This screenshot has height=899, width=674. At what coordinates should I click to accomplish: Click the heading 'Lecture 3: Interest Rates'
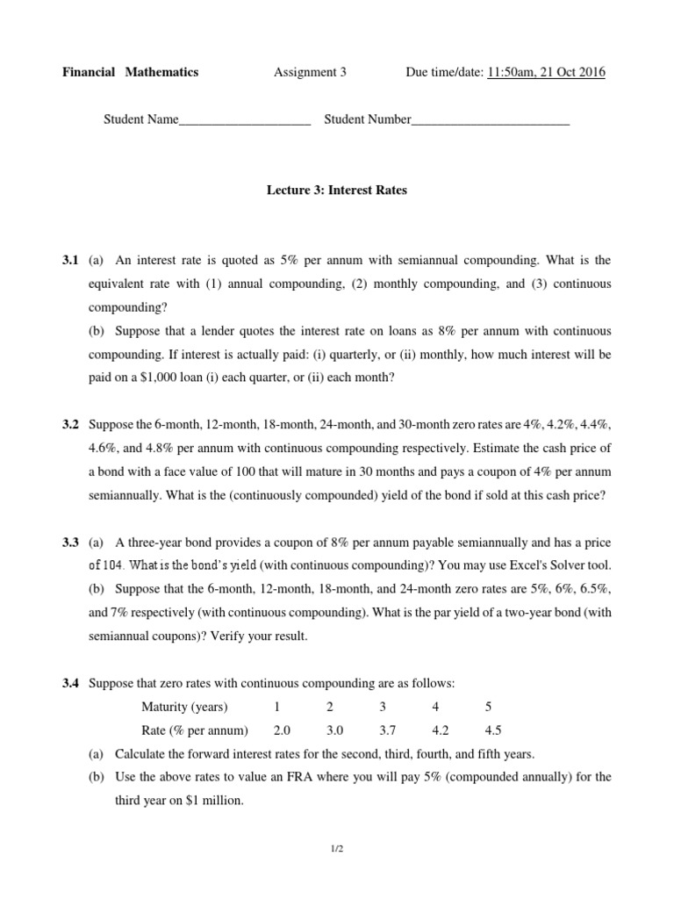(337, 191)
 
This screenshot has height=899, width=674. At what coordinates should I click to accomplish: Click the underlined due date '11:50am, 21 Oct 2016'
(544, 72)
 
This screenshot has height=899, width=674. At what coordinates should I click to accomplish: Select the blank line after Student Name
(245, 120)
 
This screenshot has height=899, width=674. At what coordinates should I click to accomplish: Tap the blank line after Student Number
(491, 120)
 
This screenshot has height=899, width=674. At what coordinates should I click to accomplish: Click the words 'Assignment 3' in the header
(310, 72)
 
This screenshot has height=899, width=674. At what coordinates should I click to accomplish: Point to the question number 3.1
(71, 261)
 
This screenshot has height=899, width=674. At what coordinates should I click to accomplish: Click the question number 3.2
(71, 425)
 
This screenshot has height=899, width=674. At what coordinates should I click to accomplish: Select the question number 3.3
(71, 543)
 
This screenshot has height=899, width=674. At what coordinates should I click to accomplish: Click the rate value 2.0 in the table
(282, 730)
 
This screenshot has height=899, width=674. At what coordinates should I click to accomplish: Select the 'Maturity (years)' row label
(184, 708)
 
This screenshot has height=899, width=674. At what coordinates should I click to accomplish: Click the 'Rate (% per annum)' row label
(195, 730)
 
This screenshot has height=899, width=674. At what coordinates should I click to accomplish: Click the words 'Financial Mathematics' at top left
(130, 72)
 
